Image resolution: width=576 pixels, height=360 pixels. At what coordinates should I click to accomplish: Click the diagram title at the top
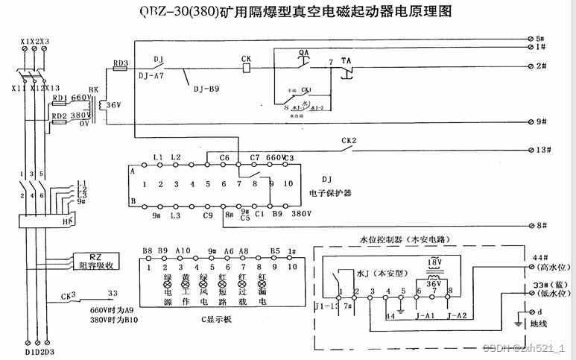[x=295, y=12]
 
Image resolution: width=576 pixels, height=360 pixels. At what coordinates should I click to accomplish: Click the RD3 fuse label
[x=120, y=64]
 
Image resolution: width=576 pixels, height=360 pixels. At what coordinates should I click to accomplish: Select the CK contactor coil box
[x=247, y=67]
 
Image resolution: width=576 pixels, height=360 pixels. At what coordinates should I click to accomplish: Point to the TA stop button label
[x=346, y=60]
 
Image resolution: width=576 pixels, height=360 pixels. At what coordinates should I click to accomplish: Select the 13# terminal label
[x=543, y=149]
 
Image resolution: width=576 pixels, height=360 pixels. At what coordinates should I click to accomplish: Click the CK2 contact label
[x=349, y=140]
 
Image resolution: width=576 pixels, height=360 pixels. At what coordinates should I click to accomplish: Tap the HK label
[x=66, y=221]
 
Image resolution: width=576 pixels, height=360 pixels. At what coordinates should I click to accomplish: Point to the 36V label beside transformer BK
[x=114, y=105]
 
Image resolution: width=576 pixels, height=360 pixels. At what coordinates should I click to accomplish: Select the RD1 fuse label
[x=60, y=98]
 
